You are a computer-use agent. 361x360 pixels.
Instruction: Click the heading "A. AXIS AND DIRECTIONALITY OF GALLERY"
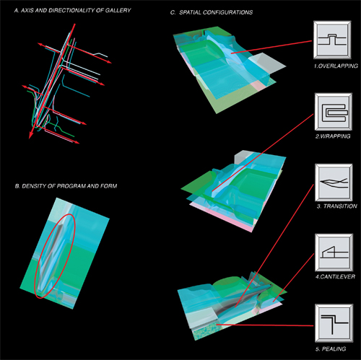pyautogui.click(x=72, y=11)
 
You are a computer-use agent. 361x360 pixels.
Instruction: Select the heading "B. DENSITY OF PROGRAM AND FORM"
pyautogui.click(x=66, y=186)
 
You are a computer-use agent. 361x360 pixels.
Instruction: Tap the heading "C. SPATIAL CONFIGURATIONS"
pyautogui.click(x=212, y=12)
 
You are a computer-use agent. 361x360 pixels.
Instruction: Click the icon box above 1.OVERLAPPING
pyautogui.click(x=332, y=40)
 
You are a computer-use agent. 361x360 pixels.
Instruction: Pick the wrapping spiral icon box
pyautogui.click(x=334, y=112)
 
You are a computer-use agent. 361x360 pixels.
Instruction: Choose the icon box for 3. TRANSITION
pyautogui.click(x=334, y=183)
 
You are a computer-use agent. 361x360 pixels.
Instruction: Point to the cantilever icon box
pyautogui.click(x=334, y=253)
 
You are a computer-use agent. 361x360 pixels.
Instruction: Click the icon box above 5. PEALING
pyautogui.click(x=334, y=323)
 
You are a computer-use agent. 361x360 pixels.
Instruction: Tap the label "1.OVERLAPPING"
pyautogui.click(x=336, y=66)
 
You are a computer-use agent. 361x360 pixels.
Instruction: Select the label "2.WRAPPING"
pyautogui.click(x=333, y=136)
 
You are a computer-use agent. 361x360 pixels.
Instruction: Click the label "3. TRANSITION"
pyautogui.click(x=336, y=206)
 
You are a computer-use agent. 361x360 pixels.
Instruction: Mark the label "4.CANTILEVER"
pyautogui.click(x=335, y=276)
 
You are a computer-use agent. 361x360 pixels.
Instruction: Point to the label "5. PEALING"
pyautogui.click(x=331, y=348)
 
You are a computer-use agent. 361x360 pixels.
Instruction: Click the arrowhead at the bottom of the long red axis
pyautogui.click(x=30, y=136)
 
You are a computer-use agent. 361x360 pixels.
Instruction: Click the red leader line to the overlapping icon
pyautogui.click(x=271, y=47)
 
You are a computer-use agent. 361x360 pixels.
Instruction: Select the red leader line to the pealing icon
pyautogui.click(x=265, y=325)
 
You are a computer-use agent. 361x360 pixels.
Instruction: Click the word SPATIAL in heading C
pyautogui.click(x=190, y=12)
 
